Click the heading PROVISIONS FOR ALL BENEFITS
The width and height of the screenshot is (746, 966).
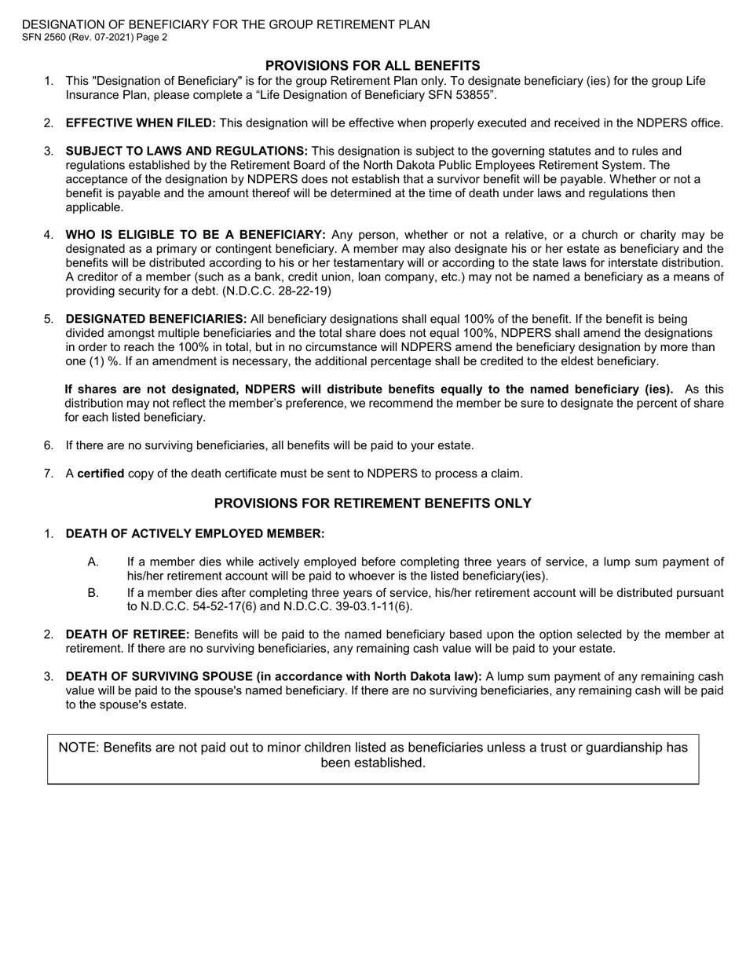372,65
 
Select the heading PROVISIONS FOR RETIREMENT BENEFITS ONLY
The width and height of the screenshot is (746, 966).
372,503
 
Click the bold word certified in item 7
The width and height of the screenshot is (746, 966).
100,474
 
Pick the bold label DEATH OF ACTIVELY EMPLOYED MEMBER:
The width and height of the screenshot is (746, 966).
194,534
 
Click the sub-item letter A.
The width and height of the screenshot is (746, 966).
93,562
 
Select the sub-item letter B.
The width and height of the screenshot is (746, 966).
93,592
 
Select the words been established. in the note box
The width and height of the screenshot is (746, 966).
373,763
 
